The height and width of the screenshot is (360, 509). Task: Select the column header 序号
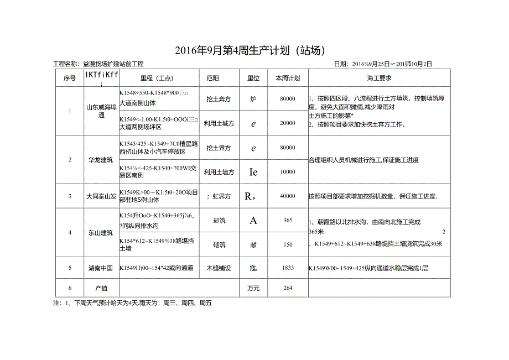[x=70, y=78]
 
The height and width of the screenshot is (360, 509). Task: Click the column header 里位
[x=253, y=78]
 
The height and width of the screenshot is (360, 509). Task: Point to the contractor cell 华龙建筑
[x=100, y=160]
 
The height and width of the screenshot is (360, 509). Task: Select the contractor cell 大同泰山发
[x=100, y=196]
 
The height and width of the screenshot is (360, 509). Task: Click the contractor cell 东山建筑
[x=100, y=232]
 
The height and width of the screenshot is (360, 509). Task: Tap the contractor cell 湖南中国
[x=100, y=268]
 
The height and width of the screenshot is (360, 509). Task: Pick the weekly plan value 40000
[x=288, y=196]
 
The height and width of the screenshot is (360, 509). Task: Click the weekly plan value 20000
[x=288, y=123]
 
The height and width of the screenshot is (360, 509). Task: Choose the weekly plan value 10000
[x=288, y=172]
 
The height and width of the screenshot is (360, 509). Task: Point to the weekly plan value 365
[x=288, y=220]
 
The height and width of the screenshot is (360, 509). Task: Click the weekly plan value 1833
[x=288, y=268]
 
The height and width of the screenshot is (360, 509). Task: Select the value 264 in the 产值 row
[x=288, y=288]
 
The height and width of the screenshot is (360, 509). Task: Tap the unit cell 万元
[x=253, y=288]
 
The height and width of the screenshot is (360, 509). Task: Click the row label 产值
[x=100, y=288]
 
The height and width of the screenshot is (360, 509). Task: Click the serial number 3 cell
[x=70, y=196]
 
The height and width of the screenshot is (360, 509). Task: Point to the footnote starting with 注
[x=133, y=303]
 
